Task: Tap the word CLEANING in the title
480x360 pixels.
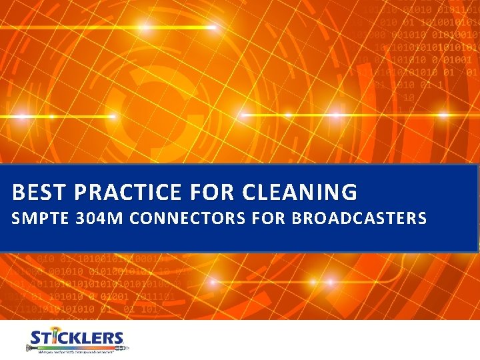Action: click(x=300, y=193)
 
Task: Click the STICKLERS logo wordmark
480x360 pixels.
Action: click(x=77, y=338)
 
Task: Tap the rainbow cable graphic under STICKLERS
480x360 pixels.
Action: click(x=77, y=347)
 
